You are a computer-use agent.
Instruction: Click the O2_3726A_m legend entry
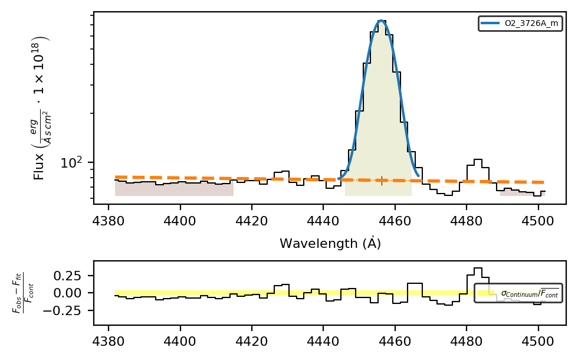(520, 23)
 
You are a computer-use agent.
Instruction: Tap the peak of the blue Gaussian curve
(381, 21)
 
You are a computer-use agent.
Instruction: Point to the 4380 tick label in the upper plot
(109, 221)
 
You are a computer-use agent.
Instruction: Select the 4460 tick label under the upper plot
(395, 221)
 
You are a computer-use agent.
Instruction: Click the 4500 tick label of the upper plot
(538, 221)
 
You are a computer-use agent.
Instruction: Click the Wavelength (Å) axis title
(330, 243)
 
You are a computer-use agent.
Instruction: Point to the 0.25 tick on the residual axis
(67, 276)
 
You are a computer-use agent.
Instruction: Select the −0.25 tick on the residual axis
(63, 310)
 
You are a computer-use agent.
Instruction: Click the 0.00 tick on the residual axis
(67, 293)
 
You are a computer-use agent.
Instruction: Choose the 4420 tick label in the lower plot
(252, 341)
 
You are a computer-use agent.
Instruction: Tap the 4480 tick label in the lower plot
(467, 341)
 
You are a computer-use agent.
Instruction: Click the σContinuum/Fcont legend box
(518, 293)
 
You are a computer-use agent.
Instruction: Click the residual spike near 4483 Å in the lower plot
(478, 272)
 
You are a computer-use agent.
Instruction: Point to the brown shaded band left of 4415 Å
(174, 188)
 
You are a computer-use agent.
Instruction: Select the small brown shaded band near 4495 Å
(523, 192)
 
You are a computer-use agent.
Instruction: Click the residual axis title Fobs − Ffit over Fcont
(23, 293)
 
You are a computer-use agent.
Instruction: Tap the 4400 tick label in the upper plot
(180, 221)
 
